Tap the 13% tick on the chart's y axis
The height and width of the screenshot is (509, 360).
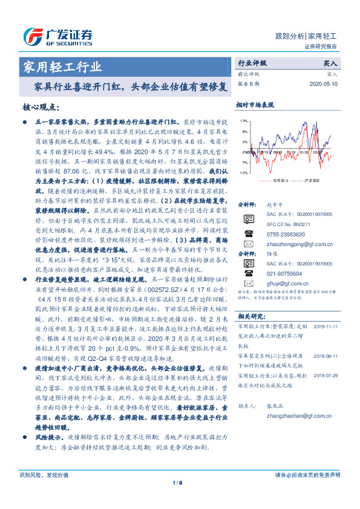point(243,121)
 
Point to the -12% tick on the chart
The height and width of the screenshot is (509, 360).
point(242,173)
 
